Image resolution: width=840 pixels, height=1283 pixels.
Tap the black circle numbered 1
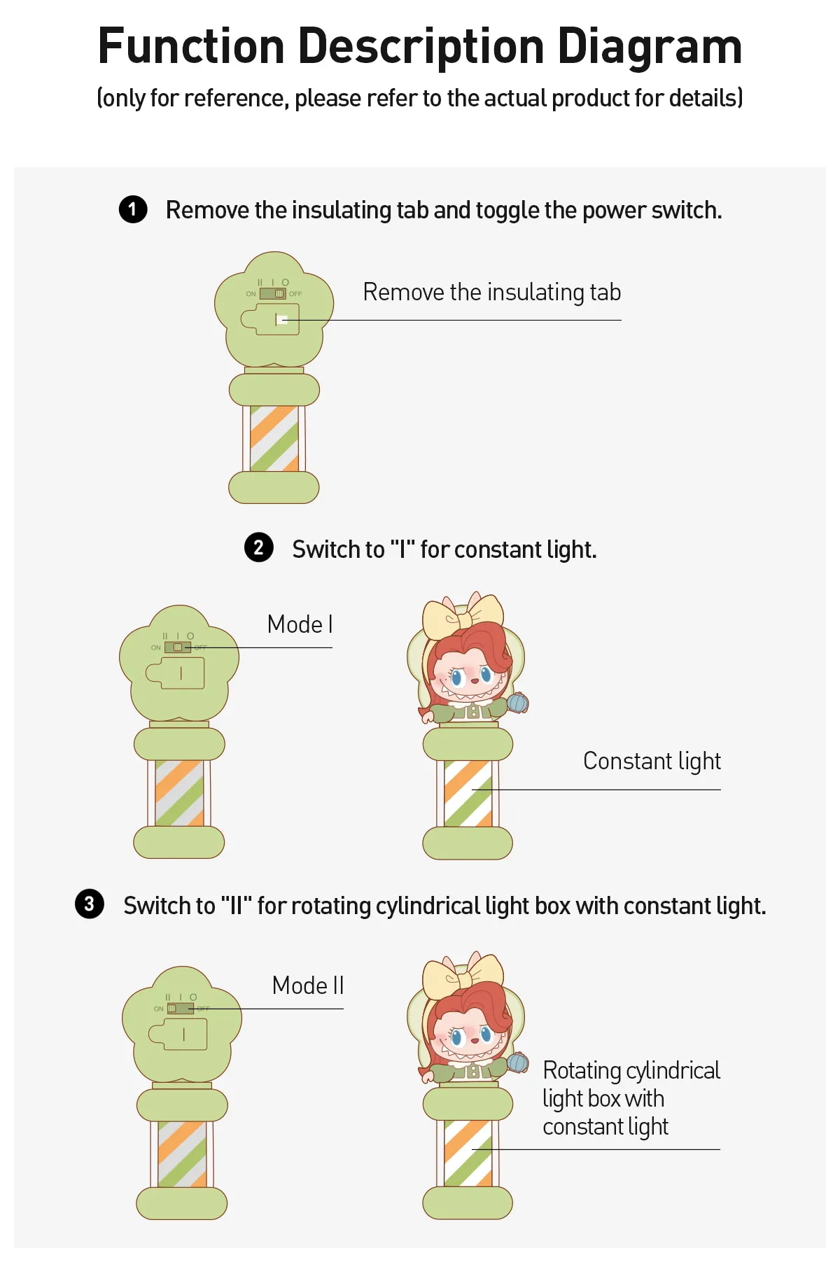point(133,209)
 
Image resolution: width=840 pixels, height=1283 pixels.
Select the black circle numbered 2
point(259,547)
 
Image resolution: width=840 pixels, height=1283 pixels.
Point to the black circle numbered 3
point(90,904)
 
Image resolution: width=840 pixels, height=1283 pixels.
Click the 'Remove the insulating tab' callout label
point(491,293)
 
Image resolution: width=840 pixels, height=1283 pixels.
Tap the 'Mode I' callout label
point(300,624)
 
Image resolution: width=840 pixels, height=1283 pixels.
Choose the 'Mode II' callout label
point(308,986)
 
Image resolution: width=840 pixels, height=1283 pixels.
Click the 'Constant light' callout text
point(652,762)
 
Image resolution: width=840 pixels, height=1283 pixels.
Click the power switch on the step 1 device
point(273,294)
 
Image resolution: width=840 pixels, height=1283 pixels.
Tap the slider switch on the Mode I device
point(178,647)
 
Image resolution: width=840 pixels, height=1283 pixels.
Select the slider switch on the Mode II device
point(181,1009)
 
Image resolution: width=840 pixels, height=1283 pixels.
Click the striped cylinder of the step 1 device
point(274,438)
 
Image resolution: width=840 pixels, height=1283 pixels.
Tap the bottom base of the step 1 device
point(274,487)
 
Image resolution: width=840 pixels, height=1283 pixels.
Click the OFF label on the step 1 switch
point(295,294)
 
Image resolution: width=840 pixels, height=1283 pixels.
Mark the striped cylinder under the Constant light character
point(468,794)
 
